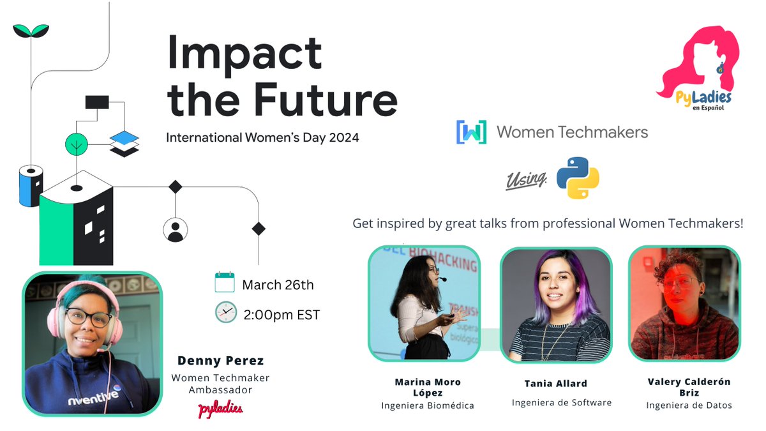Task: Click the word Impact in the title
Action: point(244,53)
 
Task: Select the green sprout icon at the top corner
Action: point(31,29)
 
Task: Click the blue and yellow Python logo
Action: point(578,178)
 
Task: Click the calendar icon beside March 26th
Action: point(225,282)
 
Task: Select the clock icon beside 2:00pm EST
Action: point(225,312)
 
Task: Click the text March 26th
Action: point(278,285)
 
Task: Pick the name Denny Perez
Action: point(220,361)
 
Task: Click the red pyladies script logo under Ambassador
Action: point(220,408)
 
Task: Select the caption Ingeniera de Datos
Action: point(689,405)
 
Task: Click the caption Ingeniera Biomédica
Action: point(428,405)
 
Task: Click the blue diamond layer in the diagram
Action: point(124,137)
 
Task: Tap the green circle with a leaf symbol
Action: point(77,145)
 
